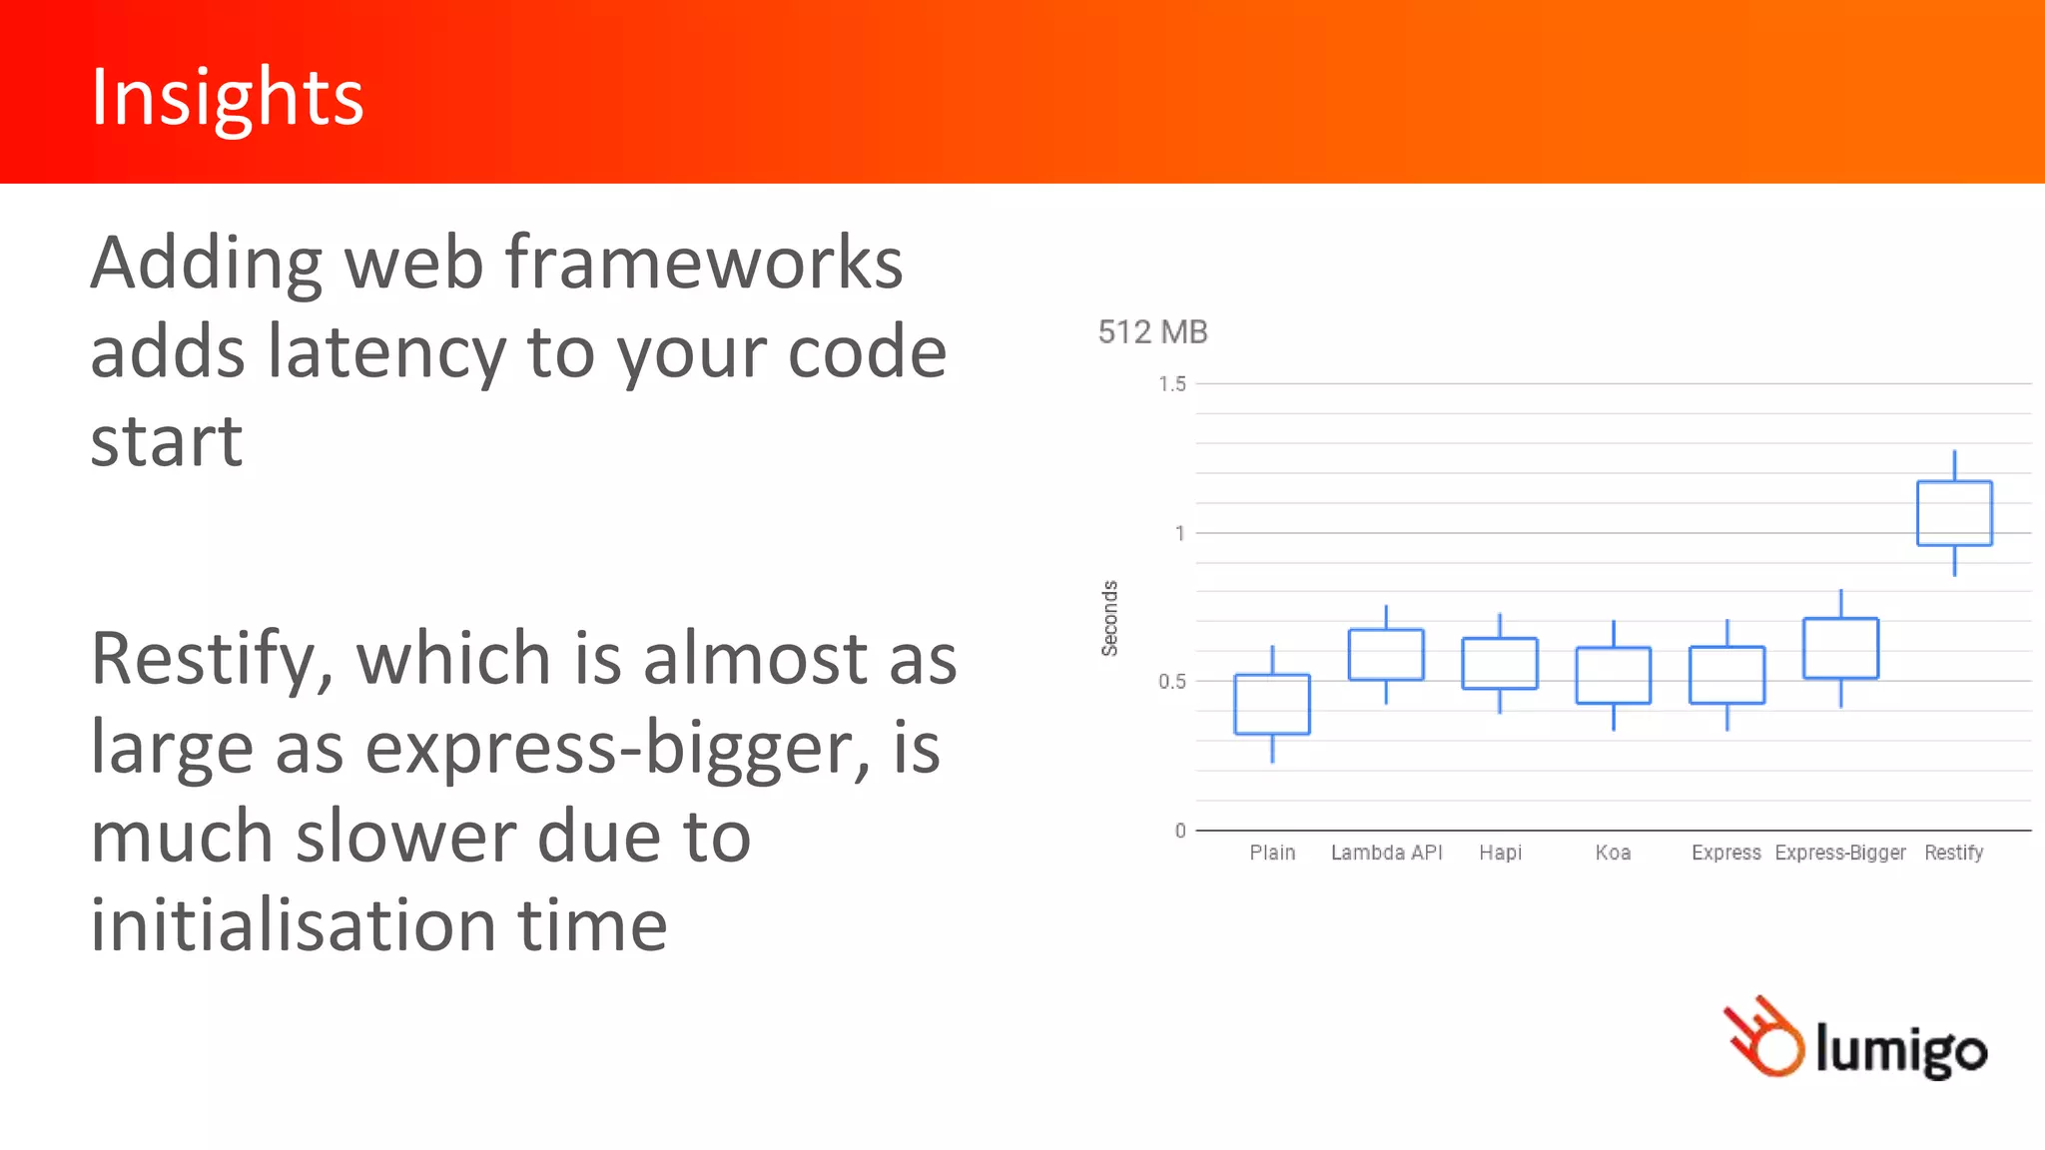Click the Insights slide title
(227, 97)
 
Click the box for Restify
(1954, 513)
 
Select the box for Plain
(1271, 704)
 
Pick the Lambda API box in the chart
(1386, 655)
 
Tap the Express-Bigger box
(1840, 649)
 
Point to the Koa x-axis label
(1613, 853)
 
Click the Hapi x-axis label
(1500, 853)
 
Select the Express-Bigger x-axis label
(1839, 853)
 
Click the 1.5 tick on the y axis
(1172, 384)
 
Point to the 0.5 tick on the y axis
(1172, 682)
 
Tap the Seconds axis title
(1109, 618)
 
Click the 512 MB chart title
(1152, 332)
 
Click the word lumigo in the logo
(1900, 1049)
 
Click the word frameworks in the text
(703, 263)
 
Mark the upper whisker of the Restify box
(1954, 465)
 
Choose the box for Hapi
(1499, 663)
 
